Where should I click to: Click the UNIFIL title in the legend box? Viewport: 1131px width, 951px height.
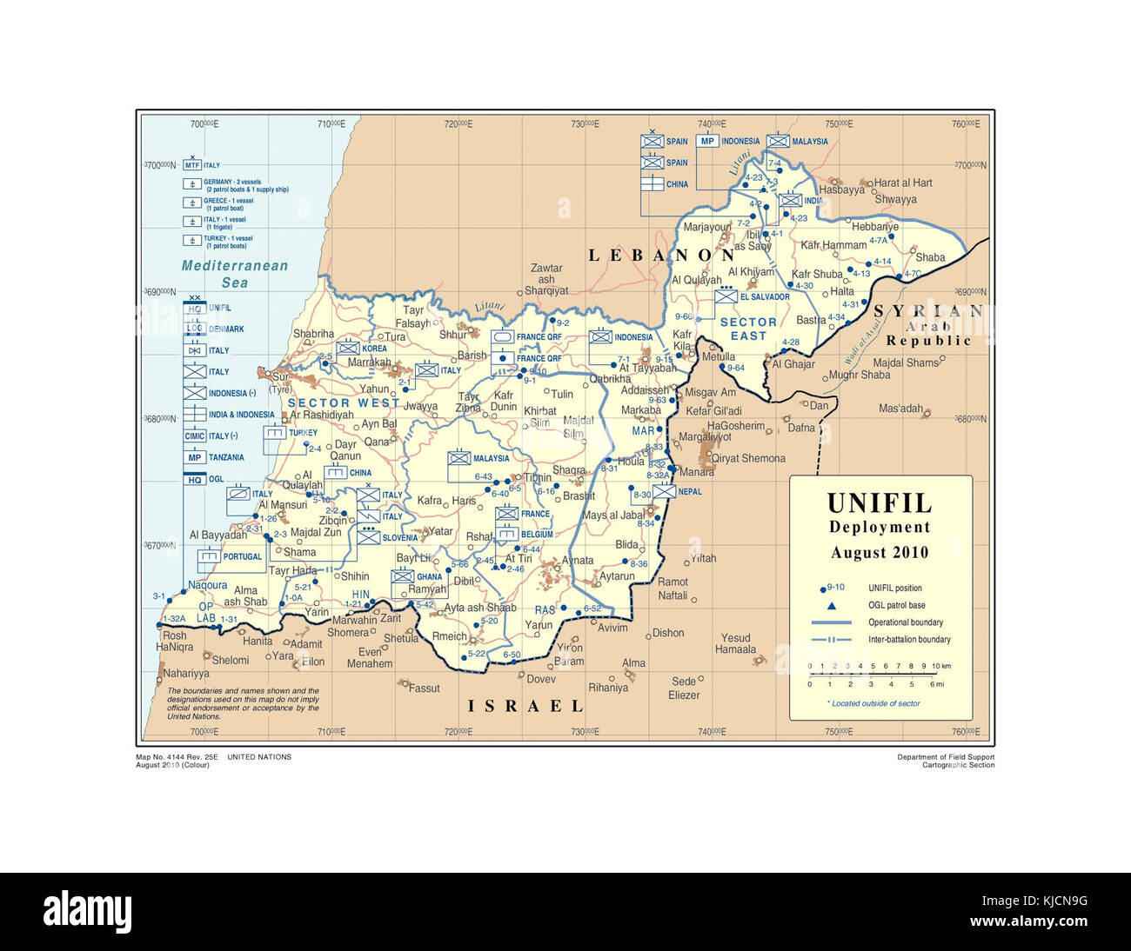pyautogui.click(x=879, y=503)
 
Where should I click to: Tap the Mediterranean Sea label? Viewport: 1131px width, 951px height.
pyautogui.click(x=234, y=274)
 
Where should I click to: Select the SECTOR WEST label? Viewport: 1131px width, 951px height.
pyautogui.click(x=343, y=403)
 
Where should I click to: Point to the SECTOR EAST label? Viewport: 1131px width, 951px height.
pyautogui.click(x=748, y=329)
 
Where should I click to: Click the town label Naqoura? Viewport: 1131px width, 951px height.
pyautogui.click(x=208, y=585)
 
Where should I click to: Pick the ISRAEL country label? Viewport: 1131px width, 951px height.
pyautogui.click(x=525, y=706)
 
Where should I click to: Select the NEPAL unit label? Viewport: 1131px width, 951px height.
pyautogui.click(x=689, y=492)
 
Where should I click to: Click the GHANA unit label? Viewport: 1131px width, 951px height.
pyautogui.click(x=429, y=577)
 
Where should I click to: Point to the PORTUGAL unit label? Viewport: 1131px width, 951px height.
pyautogui.click(x=242, y=557)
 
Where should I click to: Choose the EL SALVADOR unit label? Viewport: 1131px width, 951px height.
pyautogui.click(x=765, y=297)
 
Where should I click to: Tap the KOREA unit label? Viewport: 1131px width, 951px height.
pyautogui.click(x=374, y=349)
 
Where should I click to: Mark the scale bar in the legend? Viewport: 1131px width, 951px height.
pyautogui.click(x=873, y=675)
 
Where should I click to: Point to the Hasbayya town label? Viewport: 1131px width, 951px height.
pyautogui.click(x=841, y=190)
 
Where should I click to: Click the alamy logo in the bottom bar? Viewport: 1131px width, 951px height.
pyautogui.click(x=87, y=912)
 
